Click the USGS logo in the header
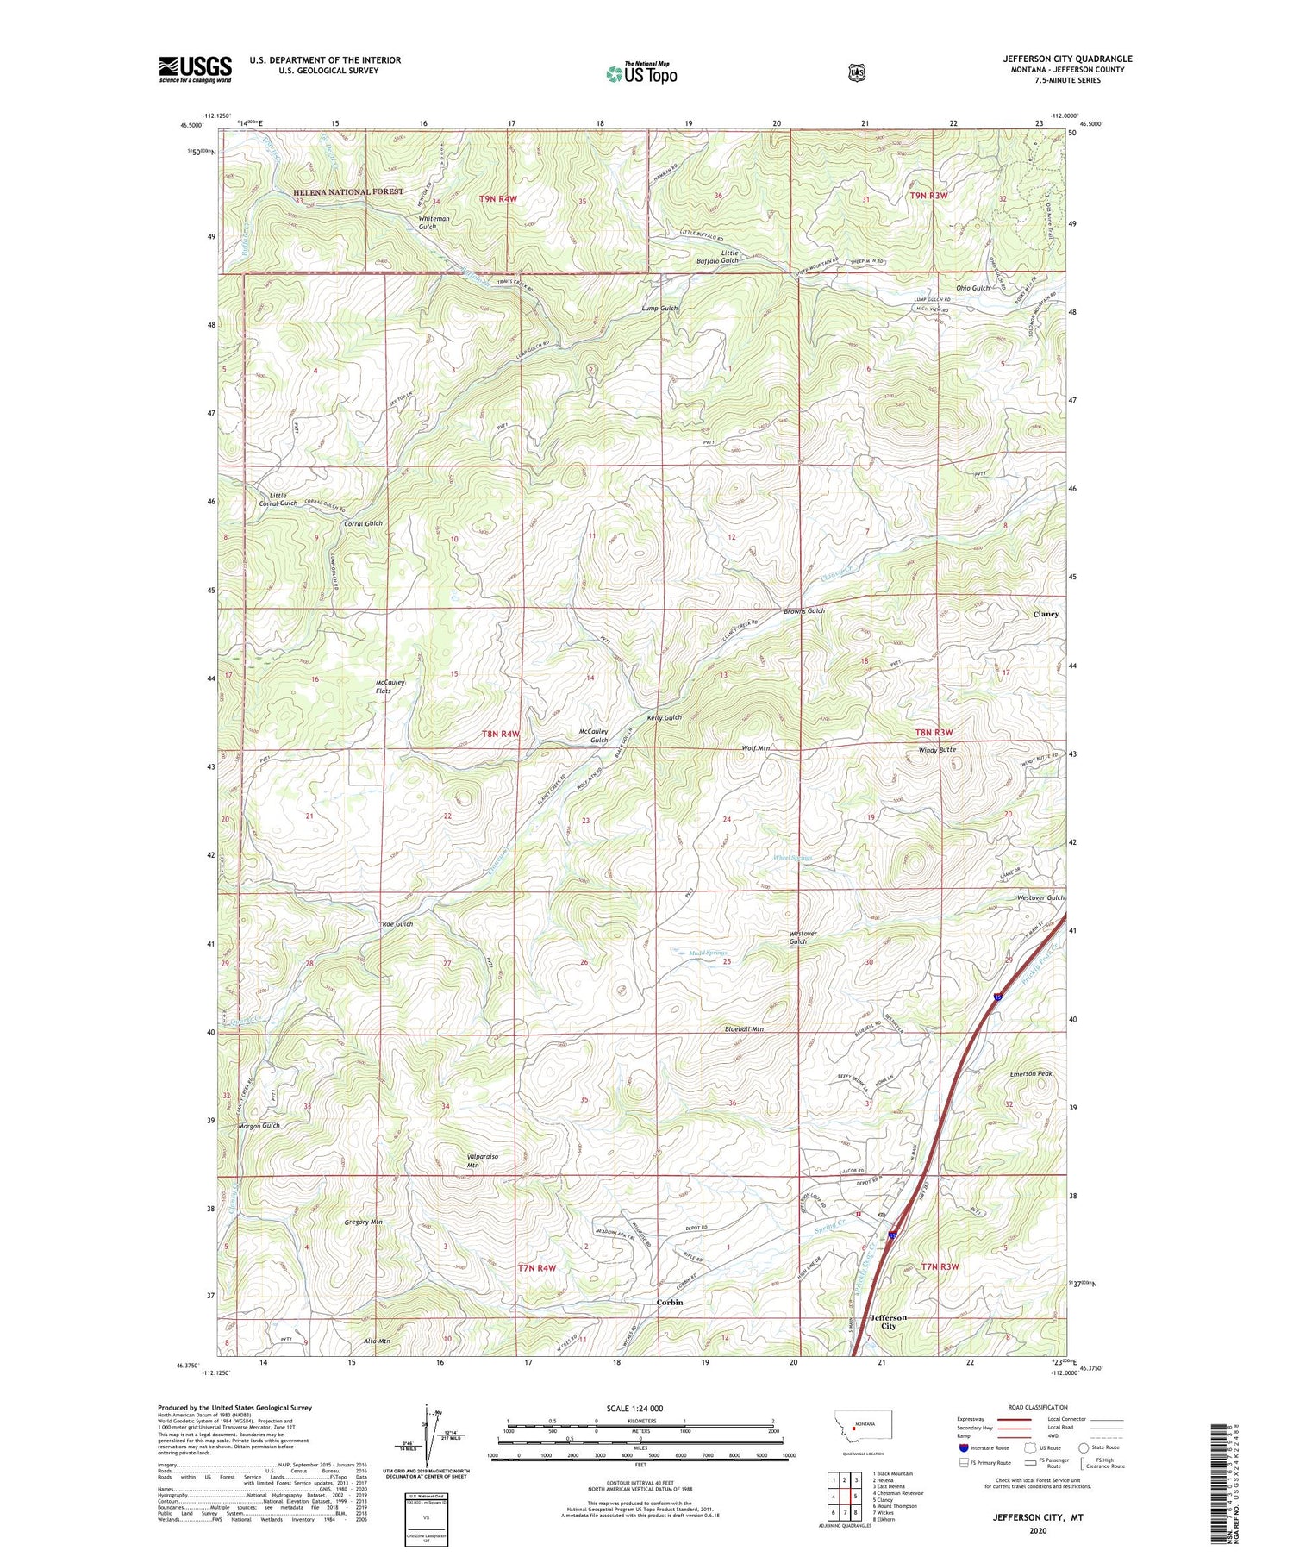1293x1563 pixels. click(195, 69)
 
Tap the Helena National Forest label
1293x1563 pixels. click(347, 192)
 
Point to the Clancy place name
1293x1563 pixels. click(1046, 614)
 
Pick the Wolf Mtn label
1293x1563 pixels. click(755, 748)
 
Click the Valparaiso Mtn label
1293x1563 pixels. click(482, 1160)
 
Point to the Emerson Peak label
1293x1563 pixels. click(1031, 1073)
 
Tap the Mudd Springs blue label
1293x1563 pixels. click(697, 953)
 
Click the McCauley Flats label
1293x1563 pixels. click(390, 686)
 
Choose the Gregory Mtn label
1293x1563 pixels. click(363, 1222)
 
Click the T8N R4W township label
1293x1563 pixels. click(501, 734)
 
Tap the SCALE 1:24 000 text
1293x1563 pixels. click(640, 1408)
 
